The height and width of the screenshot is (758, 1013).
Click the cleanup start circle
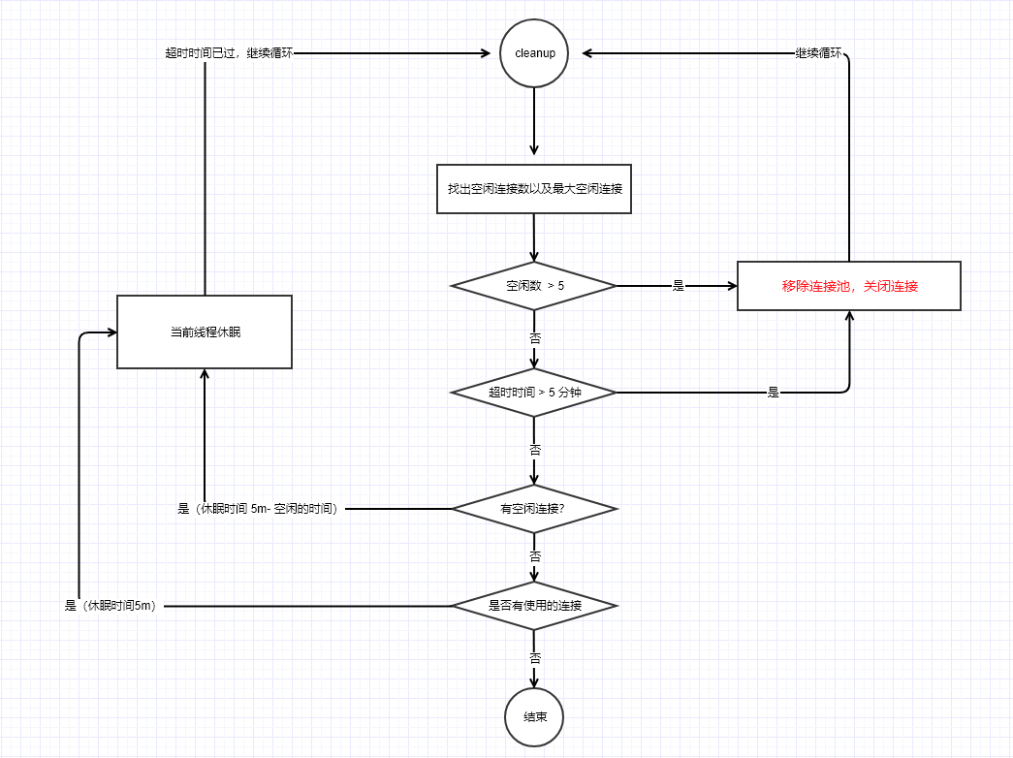click(534, 53)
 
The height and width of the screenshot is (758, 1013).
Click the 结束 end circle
click(534, 717)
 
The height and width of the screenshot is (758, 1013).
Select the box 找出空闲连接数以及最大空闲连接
click(534, 189)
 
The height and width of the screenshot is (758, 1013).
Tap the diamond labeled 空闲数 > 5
click(534, 286)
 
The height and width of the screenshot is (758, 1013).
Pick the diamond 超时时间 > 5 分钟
click(534, 393)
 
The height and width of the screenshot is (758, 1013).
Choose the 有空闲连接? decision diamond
click(534, 508)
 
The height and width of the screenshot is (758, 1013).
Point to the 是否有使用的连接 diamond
click(534, 606)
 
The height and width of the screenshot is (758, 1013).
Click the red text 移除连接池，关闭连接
click(849, 286)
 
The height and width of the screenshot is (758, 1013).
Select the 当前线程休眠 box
click(205, 332)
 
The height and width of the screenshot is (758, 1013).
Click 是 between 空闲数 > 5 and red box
click(679, 286)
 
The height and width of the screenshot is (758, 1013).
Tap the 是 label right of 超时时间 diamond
click(774, 393)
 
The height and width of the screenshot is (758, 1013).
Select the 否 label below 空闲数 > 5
click(534, 339)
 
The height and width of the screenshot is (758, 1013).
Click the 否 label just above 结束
click(534, 657)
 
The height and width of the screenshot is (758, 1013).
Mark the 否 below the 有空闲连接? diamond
click(534, 556)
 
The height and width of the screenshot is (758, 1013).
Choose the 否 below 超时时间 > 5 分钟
click(534, 450)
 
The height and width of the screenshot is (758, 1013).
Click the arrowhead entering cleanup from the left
click(489, 53)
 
